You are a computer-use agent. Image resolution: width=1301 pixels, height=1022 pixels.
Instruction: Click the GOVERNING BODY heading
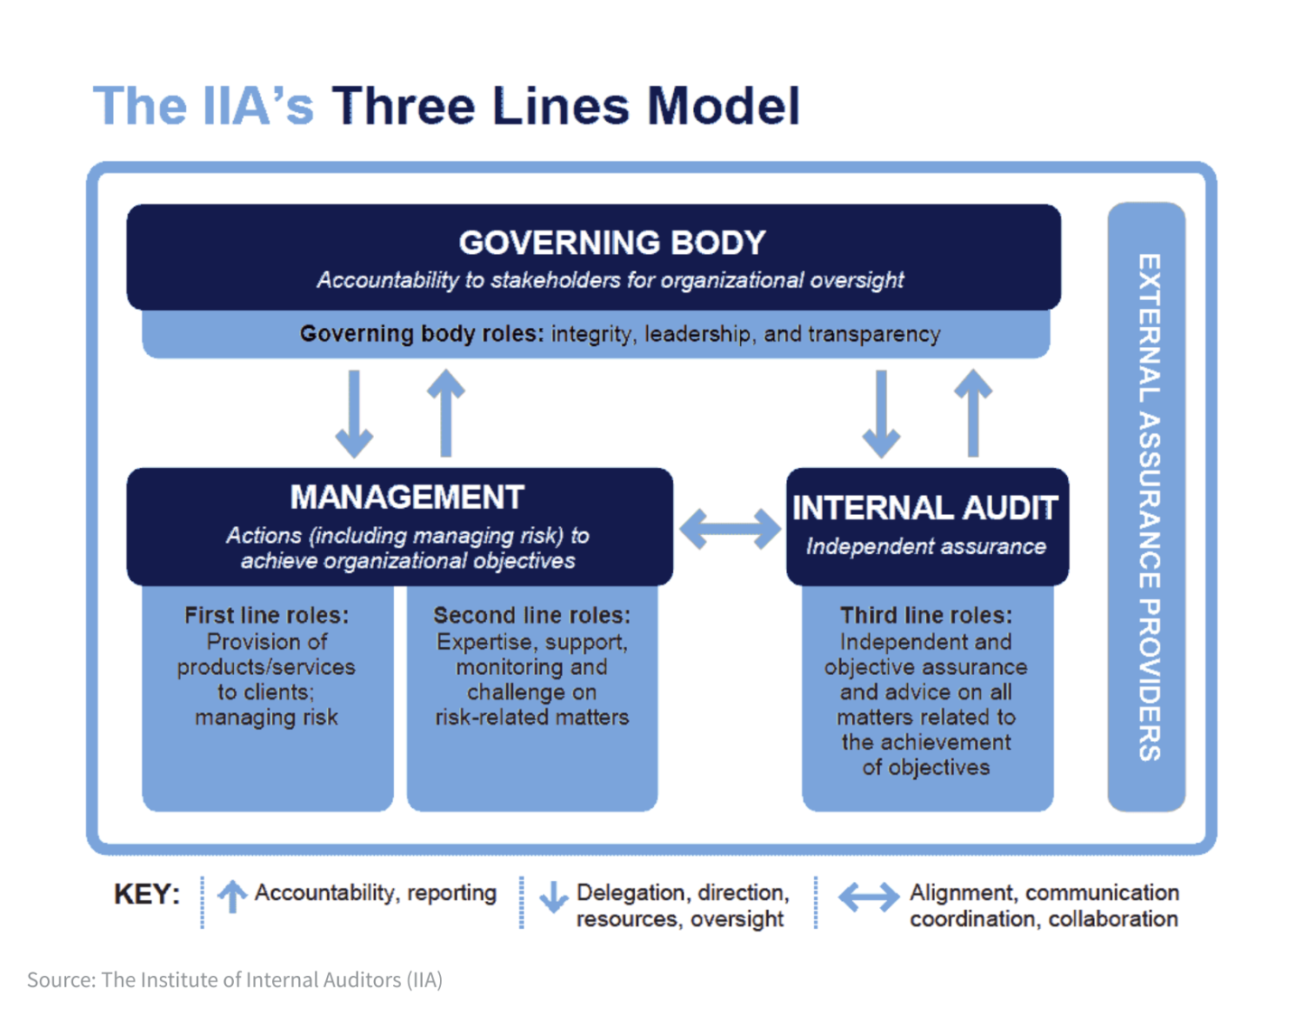click(x=612, y=243)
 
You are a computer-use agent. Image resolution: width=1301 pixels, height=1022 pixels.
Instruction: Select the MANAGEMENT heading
click(x=407, y=497)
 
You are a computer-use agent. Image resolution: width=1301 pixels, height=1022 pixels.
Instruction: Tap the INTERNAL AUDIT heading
click(x=925, y=508)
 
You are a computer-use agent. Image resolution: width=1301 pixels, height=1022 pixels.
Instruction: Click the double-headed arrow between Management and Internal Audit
click(x=730, y=529)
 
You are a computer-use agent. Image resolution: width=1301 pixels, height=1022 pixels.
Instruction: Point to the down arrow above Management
click(x=354, y=414)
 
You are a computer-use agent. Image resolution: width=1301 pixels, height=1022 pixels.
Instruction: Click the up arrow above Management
click(x=445, y=413)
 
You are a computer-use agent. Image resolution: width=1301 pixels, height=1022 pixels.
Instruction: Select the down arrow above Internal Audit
click(x=881, y=414)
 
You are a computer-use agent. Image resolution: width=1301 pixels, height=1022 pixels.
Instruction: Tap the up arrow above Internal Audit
click(x=973, y=413)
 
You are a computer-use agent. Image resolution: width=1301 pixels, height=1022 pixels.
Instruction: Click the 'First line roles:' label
click(x=267, y=615)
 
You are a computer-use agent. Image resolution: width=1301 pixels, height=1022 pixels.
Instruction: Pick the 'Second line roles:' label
click(x=531, y=615)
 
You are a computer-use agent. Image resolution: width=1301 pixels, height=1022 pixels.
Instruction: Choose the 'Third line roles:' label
click(x=926, y=615)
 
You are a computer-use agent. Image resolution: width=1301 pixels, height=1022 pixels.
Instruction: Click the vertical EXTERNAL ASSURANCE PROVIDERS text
click(x=1149, y=507)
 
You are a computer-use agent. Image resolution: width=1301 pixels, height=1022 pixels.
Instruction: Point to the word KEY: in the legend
click(x=146, y=895)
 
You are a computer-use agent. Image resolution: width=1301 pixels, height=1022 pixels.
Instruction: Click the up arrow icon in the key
click(x=231, y=896)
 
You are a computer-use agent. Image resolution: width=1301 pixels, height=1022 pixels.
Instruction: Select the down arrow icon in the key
click(x=554, y=897)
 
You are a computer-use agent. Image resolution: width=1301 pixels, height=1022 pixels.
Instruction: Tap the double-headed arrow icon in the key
click(x=868, y=897)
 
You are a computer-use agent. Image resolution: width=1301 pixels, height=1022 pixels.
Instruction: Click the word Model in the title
click(x=724, y=106)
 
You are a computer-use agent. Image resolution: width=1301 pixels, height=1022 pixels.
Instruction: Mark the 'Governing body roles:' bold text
click(x=422, y=334)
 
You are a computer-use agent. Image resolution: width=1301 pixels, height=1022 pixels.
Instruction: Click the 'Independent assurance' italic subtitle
click(x=926, y=546)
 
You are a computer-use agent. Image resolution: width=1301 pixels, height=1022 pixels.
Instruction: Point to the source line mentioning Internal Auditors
click(x=235, y=980)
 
